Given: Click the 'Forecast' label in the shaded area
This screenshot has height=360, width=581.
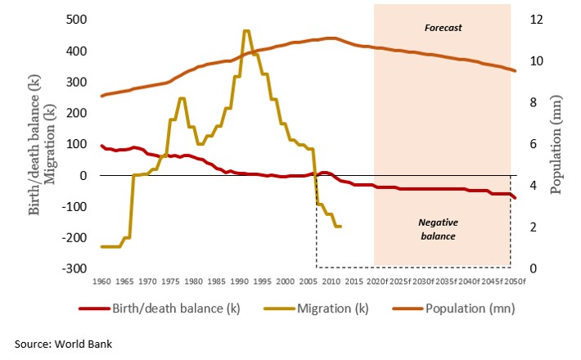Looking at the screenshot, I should click(443, 28).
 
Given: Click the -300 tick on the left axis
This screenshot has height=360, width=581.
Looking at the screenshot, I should click(75, 268).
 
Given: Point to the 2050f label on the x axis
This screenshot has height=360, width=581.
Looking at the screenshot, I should click(515, 281).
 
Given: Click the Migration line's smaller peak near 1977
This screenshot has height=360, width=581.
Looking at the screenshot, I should click(182, 98).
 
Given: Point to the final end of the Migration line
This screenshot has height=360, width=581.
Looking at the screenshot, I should click(340, 227).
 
